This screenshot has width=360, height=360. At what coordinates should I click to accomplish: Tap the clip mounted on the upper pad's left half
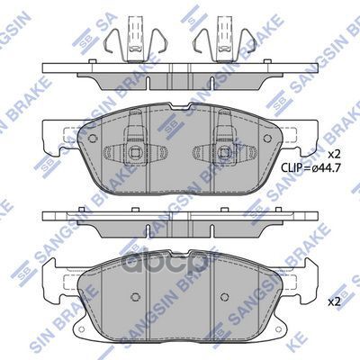pyautogui.click(x=133, y=146)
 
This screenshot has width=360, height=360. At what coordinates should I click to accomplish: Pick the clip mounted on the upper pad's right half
pyautogui.click(x=225, y=146)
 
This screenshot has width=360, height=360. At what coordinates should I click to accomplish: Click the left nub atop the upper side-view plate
pyautogui.click(x=86, y=67)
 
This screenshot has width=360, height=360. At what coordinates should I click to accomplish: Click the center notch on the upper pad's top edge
pyautogui.click(x=180, y=111)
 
